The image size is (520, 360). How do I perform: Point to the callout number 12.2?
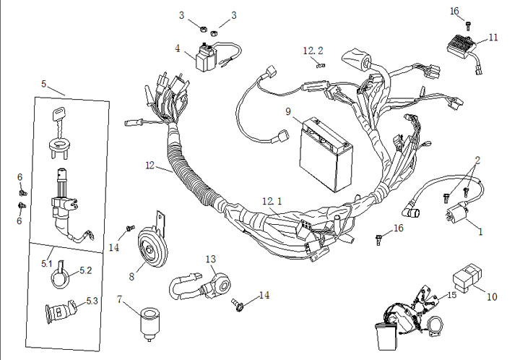coord(313,51)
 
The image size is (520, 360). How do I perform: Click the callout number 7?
coord(120,298)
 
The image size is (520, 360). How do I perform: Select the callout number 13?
coord(210,259)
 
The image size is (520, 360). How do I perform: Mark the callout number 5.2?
coord(85,270)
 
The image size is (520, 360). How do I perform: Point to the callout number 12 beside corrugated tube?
coord(149,166)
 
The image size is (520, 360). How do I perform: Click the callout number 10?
coord(492,296)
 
